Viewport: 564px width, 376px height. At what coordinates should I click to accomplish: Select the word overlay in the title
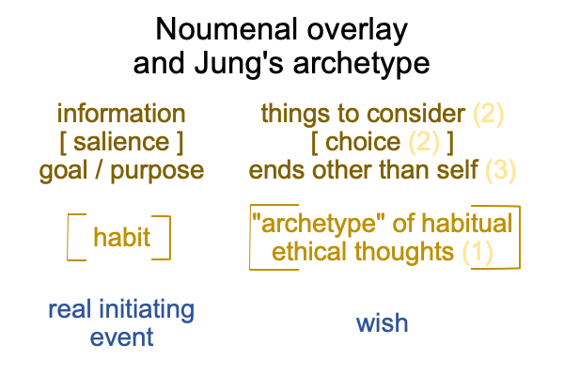click(x=357, y=30)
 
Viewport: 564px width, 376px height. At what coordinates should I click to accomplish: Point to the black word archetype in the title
click(x=361, y=64)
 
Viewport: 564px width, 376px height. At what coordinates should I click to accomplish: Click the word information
click(x=121, y=114)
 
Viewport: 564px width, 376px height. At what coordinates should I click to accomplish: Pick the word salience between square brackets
click(x=121, y=142)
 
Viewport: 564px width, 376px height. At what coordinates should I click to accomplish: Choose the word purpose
click(x=157, y=171)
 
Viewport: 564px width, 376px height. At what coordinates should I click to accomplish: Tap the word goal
click(x=63, y=171)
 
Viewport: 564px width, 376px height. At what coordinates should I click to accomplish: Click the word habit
click(x=121, y=237)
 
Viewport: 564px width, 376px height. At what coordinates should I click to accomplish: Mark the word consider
click(x=415, y=114)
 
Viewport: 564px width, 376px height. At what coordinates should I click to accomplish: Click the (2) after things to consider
click(x=488, y=115)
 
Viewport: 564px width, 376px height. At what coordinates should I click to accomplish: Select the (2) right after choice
click(x=424, y=143)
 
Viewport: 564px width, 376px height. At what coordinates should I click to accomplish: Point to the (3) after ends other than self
click(x=501, y=170)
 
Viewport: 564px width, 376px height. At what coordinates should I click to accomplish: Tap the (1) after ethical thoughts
click(x=478, y=252)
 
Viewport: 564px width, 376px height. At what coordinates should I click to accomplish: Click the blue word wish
click(x=382, y=323)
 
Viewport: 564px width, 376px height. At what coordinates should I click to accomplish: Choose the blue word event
click(x=121, y=337)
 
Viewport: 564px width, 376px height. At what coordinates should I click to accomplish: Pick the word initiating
click(x=147, y=310)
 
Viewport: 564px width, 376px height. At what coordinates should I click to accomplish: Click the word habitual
click(x=467, y=224)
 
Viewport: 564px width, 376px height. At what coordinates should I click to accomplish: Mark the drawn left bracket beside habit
click(x=68, y=237)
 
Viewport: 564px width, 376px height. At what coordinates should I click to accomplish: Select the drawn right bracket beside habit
click(x=170, y=238)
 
